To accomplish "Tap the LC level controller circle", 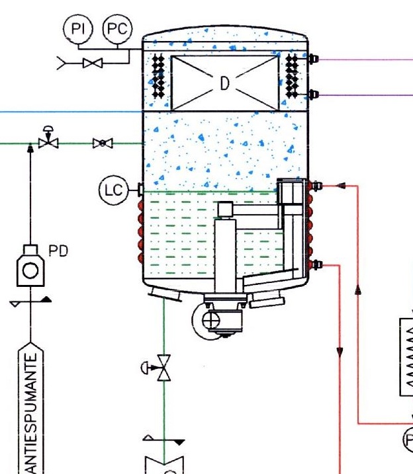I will coord(113,190).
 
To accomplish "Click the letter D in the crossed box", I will coord(224,83).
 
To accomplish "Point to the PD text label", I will coord(58,251).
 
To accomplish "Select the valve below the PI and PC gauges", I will coord(92,63).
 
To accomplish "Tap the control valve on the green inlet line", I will coord(48,141).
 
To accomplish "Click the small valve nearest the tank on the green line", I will coord(103,143).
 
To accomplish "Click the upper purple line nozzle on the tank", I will coord(314,59).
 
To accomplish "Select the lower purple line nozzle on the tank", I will coord(314,95).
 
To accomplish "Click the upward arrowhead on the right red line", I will coord(358,289).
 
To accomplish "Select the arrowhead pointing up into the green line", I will coord(30,148).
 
